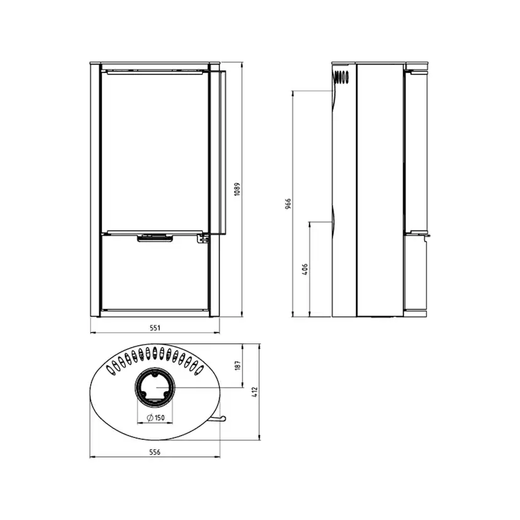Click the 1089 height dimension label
click(237, 189)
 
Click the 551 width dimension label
click(155, 328)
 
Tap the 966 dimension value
click(288, 203)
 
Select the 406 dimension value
click(305, 269)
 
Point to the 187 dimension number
click(237, 366)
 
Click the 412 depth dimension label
click(255, 393)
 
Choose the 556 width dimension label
click(155, 452)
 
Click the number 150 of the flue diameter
click(160, 418)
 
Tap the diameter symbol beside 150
click(150, 418)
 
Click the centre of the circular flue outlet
click(155, 387)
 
